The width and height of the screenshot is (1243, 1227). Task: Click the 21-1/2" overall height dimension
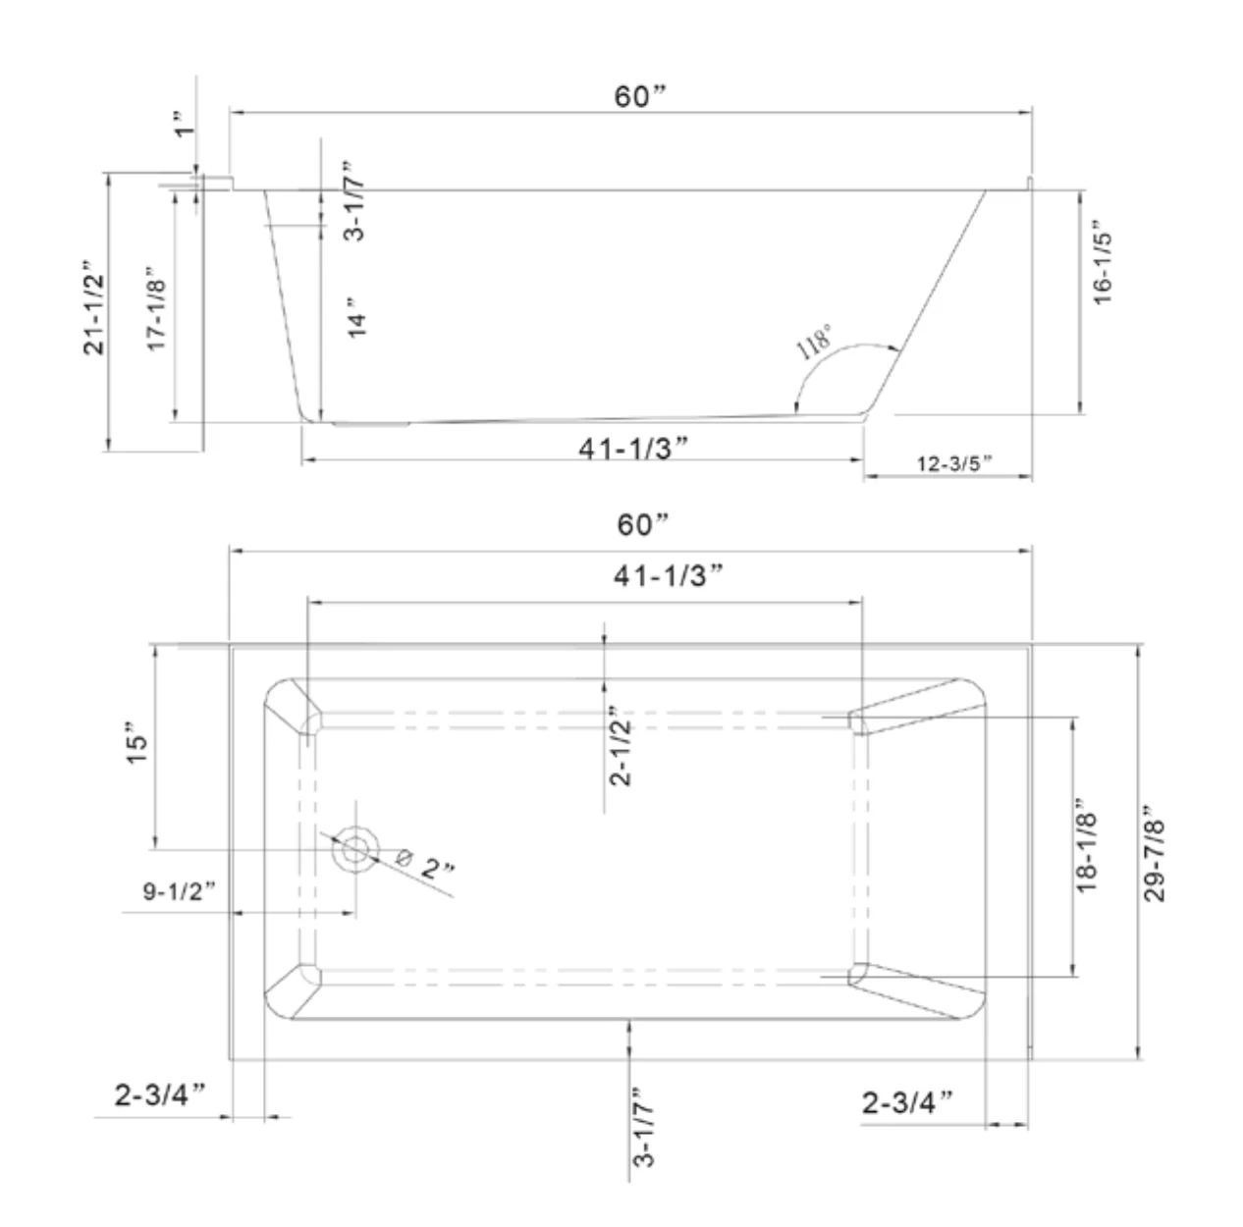93,307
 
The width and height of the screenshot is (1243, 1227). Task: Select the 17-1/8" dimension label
157,309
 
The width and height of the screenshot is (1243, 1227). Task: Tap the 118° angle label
814,342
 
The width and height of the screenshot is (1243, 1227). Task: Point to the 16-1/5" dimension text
1103,262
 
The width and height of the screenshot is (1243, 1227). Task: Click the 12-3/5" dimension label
954,463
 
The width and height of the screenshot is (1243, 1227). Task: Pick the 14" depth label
356,317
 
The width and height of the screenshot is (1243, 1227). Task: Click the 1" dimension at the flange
185,124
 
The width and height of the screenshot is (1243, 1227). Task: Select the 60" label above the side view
640,97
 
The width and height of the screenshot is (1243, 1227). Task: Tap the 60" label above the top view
643,524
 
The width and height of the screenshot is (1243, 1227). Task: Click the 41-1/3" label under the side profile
633,449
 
